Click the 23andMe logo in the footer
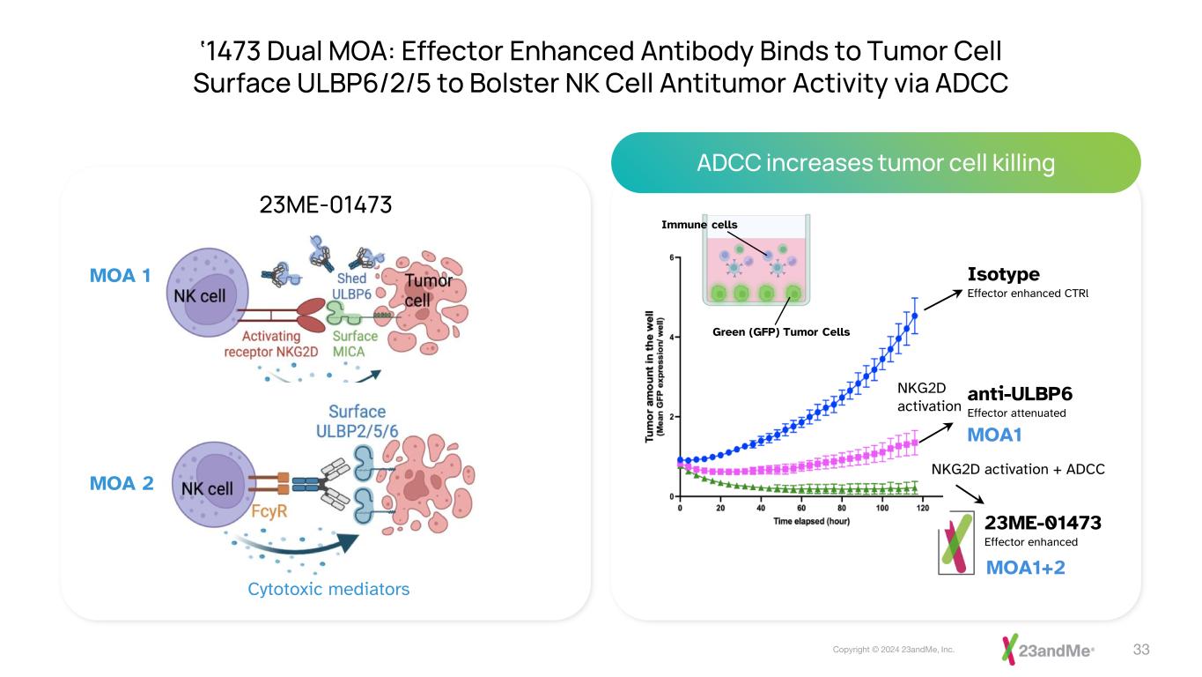coord(1047,650)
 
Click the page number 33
coord(1141,650)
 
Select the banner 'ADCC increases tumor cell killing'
coord(875,163)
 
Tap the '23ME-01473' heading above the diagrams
coord(325,205)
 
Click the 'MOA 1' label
coord(121,275)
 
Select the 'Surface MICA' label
coord(356,343)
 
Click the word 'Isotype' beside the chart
coord(1003,274)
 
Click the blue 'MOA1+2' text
coord(1024,567)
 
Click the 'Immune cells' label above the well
coord(699,225)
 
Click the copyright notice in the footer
coord(894,650)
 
